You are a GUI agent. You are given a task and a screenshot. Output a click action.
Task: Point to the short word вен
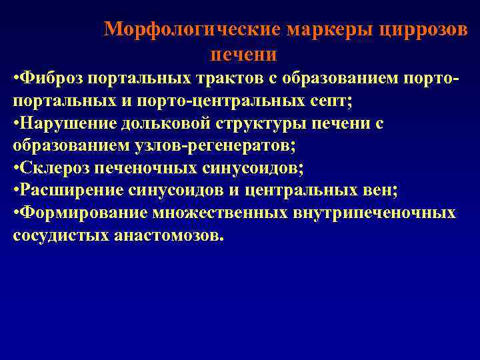pos(381,191)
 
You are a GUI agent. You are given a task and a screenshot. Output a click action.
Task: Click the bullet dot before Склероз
pos(16,169)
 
